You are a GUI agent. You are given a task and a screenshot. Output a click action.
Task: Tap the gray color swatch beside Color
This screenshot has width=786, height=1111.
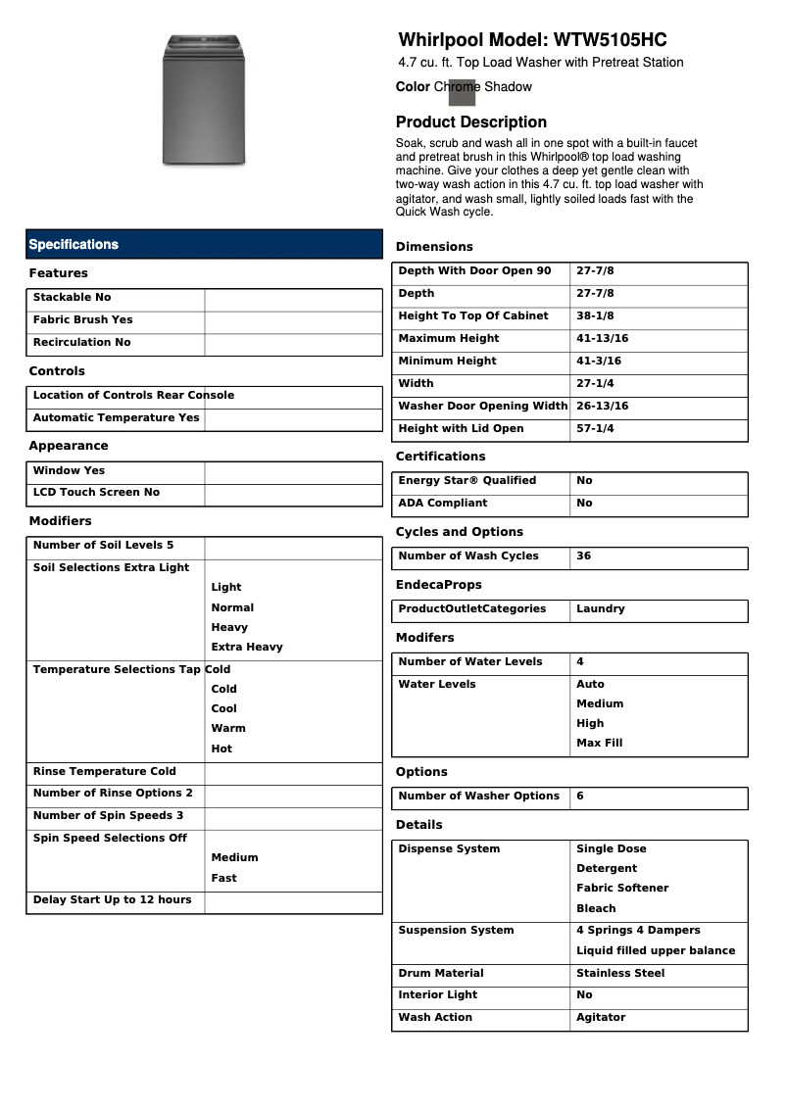point(462,91)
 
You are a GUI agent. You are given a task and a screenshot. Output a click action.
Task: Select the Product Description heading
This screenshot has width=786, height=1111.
point(470,122)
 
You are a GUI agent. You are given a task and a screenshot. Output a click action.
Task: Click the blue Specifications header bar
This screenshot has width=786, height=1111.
point(204,244)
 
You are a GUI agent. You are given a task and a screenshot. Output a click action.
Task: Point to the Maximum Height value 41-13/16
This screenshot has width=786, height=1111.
point(602,339)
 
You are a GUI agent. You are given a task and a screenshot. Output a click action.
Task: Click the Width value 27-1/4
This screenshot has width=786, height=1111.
point(595,384)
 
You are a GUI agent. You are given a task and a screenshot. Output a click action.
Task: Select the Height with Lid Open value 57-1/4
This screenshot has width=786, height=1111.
point(595,429)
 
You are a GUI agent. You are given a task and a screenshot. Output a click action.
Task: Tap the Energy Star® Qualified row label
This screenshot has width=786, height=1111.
point(467,481)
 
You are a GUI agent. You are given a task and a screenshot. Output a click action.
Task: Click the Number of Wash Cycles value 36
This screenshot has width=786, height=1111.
point(584,556)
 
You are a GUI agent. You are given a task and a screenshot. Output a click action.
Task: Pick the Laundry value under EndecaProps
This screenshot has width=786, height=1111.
point(600,609)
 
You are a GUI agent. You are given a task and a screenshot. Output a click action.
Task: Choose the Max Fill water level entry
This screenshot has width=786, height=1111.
point(599,744)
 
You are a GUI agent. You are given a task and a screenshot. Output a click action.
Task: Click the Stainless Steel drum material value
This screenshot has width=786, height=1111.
point(619,974)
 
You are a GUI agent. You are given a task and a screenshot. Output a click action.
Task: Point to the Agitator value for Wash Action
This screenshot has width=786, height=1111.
point(600,1018)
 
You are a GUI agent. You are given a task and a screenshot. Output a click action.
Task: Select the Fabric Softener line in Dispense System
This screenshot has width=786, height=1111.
point(621,889)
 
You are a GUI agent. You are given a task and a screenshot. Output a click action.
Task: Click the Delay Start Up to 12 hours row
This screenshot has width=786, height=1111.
point(113,900)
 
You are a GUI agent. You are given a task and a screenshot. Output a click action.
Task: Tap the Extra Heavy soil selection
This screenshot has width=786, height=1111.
point(246,648)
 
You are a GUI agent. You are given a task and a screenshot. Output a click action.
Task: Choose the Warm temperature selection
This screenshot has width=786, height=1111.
point(228,729)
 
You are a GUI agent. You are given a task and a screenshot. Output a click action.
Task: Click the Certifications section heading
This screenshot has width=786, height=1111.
point(440,457)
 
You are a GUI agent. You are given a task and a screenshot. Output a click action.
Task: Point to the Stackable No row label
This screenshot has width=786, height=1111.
point(73,298)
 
